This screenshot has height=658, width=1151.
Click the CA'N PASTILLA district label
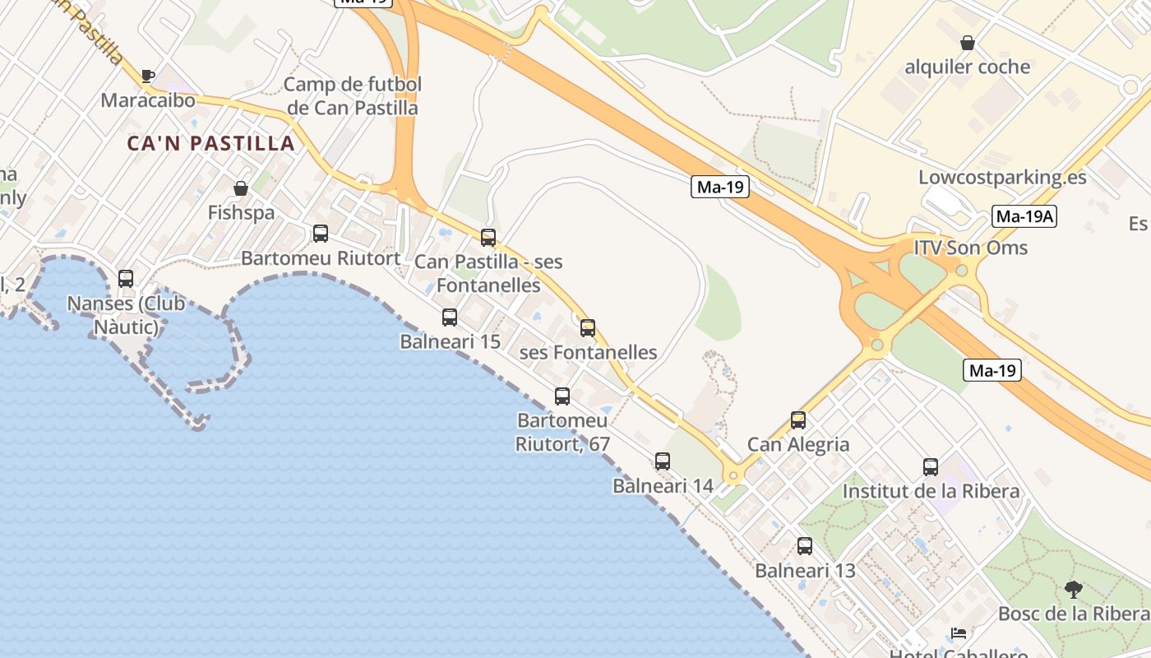coord(210,143)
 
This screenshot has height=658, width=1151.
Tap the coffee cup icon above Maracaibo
coord(148,76)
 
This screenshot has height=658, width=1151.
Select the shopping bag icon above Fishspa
coord(241,188)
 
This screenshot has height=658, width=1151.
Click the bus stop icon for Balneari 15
coord(450,317)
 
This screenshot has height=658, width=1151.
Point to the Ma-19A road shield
coord(1024,217)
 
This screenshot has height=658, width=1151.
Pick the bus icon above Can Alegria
coord(797,420)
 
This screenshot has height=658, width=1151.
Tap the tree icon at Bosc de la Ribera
coord(1073,589)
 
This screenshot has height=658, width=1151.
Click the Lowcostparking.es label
coord(1002,178)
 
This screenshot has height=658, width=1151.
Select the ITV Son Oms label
coord(970,248)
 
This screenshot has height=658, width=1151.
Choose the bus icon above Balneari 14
coord(663,461)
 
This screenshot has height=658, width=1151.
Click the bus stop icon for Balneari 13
coord(805,546)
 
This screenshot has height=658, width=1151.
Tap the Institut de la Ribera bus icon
coord(931,467)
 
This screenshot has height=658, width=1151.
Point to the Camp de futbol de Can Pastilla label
coord(353,96)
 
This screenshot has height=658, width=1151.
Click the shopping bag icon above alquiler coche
coord(968,43)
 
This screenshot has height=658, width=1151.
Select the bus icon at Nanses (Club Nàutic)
coord(126,279)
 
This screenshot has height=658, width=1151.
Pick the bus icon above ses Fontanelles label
coord(588,328)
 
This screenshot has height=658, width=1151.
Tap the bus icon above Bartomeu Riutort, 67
coord(562,396)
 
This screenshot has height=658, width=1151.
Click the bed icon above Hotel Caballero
coord(958,633)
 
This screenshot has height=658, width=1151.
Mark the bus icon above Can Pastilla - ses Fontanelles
coord(488,238)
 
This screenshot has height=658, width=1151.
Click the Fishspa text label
coord(241,213)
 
